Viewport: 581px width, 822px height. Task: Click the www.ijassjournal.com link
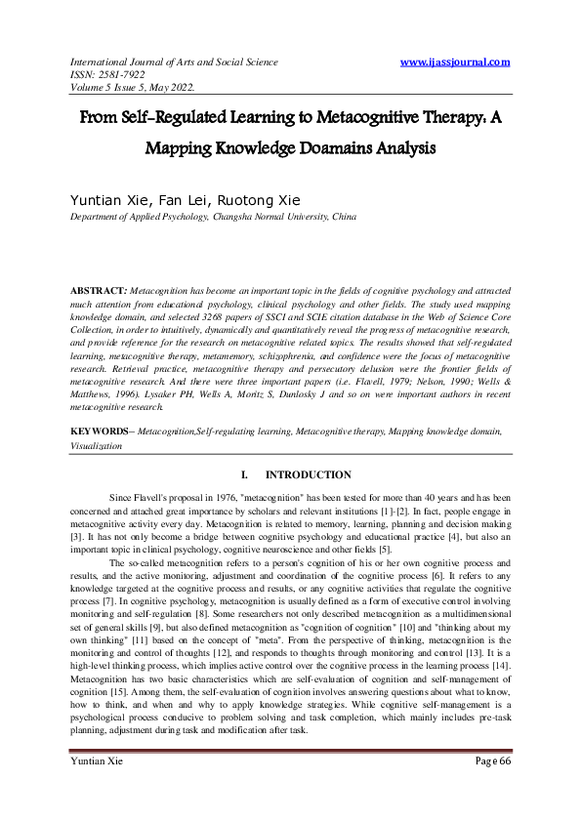pyautogui.click(x=455, y=62)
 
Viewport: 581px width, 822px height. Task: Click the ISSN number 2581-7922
pyautogui.click(x=125, y=76)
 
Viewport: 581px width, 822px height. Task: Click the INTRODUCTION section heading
pyautogui.click(x=308, y=475)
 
